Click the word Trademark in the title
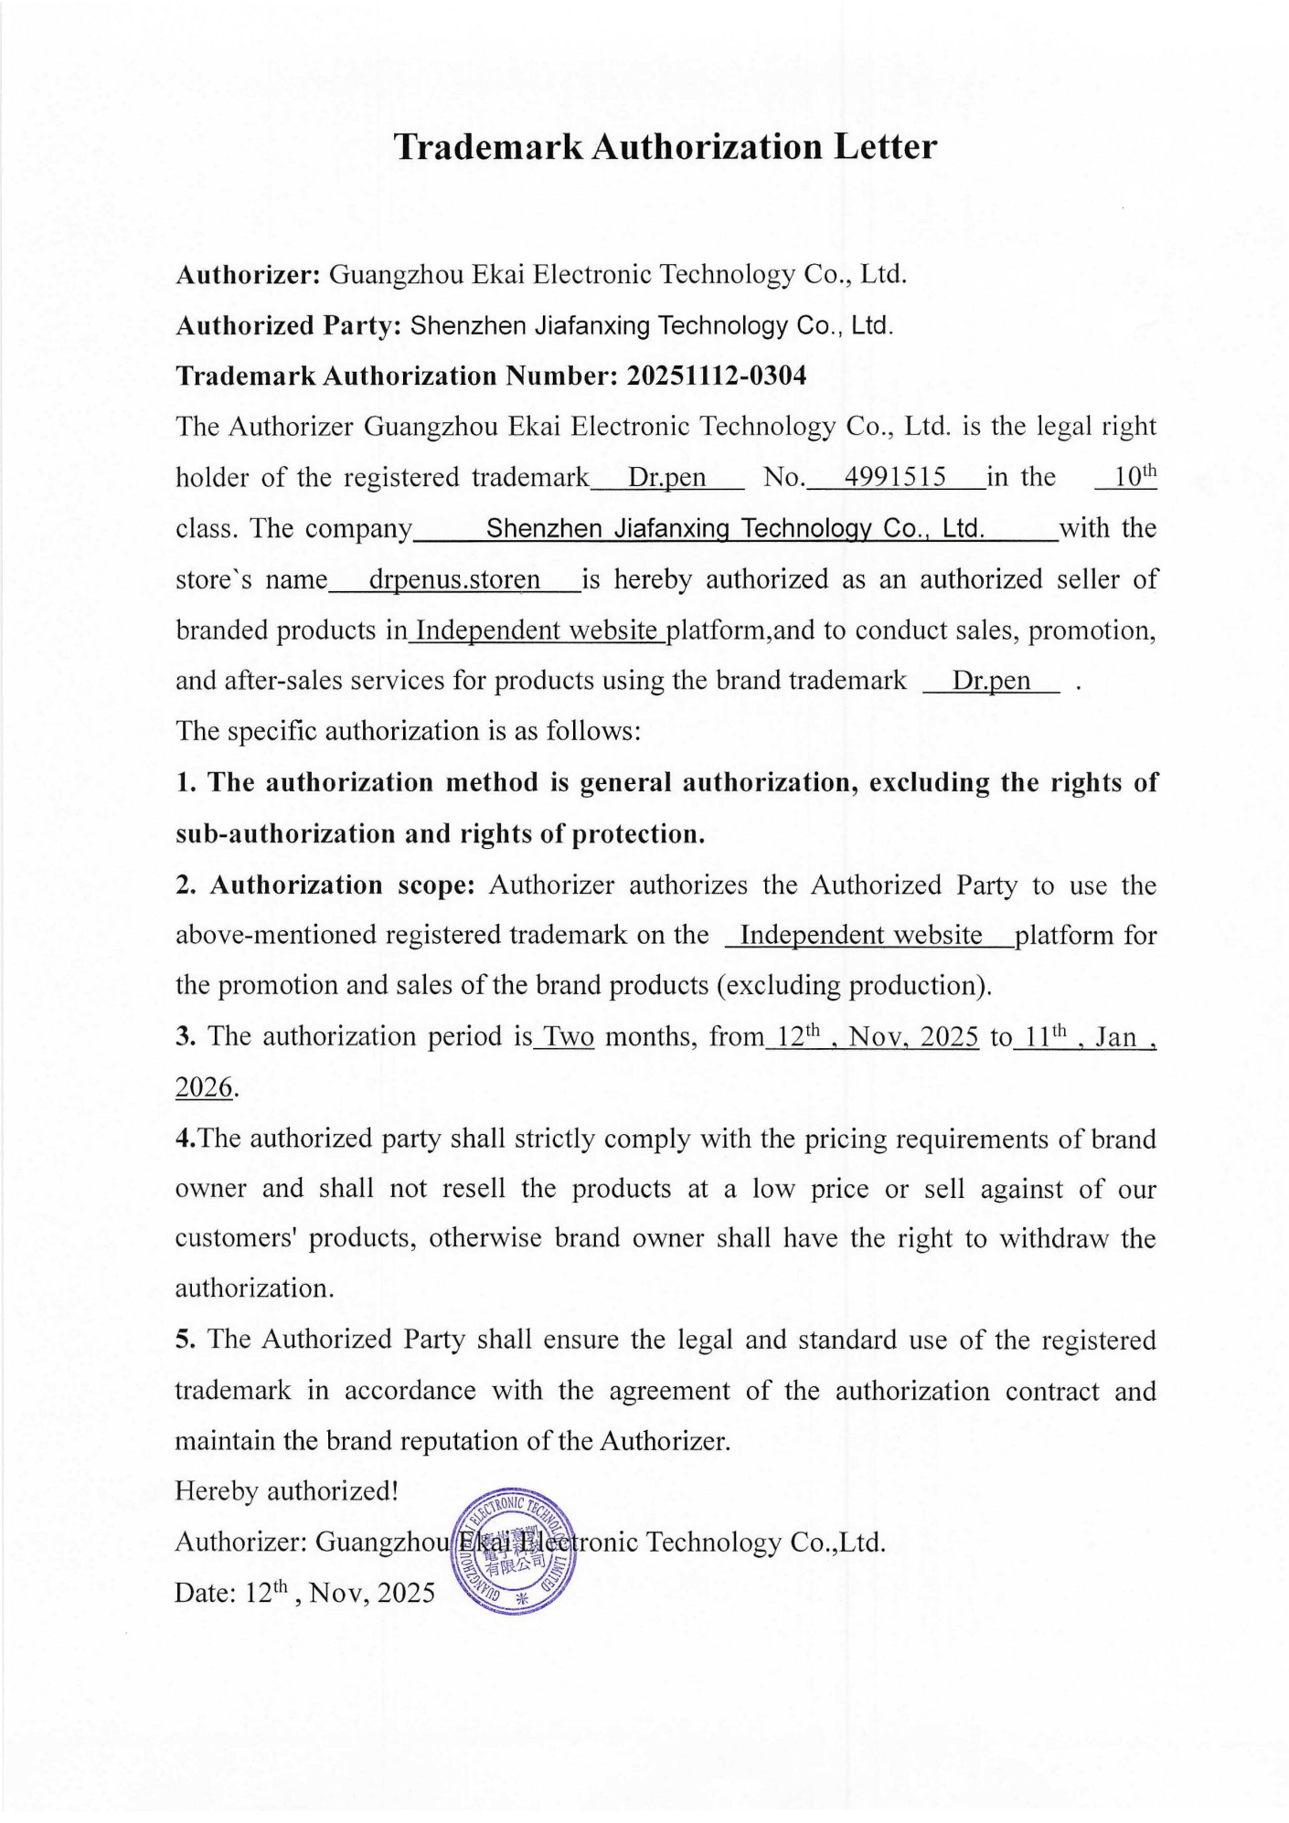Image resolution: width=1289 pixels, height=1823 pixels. (487, 147)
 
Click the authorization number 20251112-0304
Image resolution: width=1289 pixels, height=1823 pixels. (716, 376)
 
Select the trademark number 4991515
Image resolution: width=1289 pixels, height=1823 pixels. (894, 477)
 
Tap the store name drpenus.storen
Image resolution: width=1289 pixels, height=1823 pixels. (454, 579)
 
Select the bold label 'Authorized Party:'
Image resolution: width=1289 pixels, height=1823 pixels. (289, 325)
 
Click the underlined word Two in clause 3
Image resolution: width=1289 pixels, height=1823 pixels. (569, 1037)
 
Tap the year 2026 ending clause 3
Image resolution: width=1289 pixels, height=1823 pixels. (203, 1087)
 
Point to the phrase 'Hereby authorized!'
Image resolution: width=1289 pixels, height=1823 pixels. (286, 1491)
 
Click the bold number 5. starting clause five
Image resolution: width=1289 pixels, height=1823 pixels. (186, 1340)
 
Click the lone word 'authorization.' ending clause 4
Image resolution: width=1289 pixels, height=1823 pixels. (254, 1288)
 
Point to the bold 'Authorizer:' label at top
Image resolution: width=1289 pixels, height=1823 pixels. (247, 274)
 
